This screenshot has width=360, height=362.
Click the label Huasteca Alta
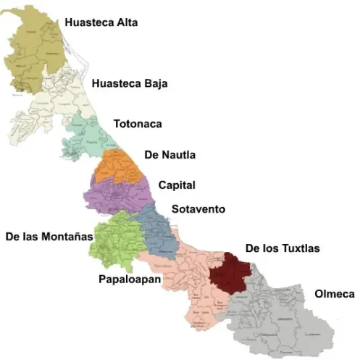(101, 22)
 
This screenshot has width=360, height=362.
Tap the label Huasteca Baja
(130, 84)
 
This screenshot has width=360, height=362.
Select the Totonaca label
(137, 123)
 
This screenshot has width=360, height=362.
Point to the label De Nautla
(170, 155)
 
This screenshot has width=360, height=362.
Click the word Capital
(177, 185)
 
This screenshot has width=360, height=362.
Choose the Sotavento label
(198, 210)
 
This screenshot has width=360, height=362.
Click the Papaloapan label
(128, 279)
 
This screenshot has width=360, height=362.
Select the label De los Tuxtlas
(282, 248)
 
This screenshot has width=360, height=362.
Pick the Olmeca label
(335, 294)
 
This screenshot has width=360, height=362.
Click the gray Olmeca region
(282, 319)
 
